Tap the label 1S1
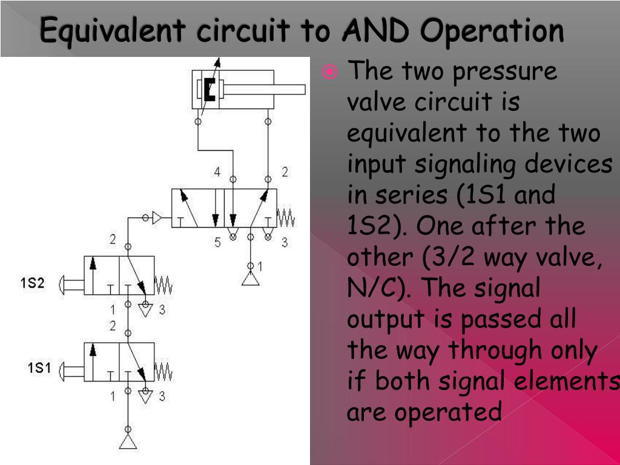point(39,368)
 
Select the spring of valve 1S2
point(163,283)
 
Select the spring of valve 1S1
point(163,371)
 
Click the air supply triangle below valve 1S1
point(128,441)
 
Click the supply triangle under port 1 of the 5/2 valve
point(251,279)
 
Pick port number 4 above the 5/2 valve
point(217,172)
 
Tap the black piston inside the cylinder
point(209,90)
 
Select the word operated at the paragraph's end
point(448,412)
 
